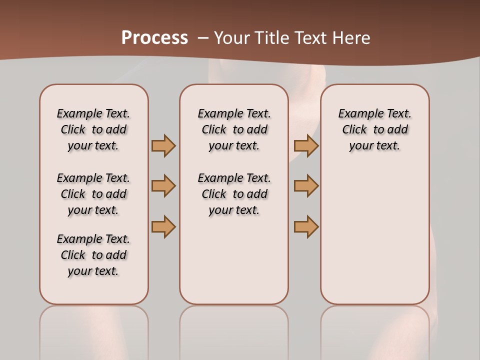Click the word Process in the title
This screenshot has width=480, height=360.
(154, 38)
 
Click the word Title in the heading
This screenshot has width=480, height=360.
(270, 38)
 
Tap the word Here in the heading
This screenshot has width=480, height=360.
(351, 38)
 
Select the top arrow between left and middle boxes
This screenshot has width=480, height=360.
(163, 145)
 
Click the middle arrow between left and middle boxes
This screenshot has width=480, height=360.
(163, 186)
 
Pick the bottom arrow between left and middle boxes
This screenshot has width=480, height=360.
(163, 226)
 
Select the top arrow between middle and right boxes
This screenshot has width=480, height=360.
(306, 145)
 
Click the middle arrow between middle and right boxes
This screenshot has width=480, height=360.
(306, 186)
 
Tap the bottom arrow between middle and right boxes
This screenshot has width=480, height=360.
(306, 226)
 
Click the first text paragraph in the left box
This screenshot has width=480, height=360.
(93, 129)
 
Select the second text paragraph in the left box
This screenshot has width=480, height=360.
(93, 194)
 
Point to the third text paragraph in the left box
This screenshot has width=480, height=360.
(93, 255)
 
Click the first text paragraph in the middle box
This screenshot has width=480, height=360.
(234, 129)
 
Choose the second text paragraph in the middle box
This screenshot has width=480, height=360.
(234, 194)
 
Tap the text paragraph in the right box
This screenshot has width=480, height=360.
(375, 129)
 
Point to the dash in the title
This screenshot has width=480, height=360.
(202, 38)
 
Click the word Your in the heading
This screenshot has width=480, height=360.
(232, 38)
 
